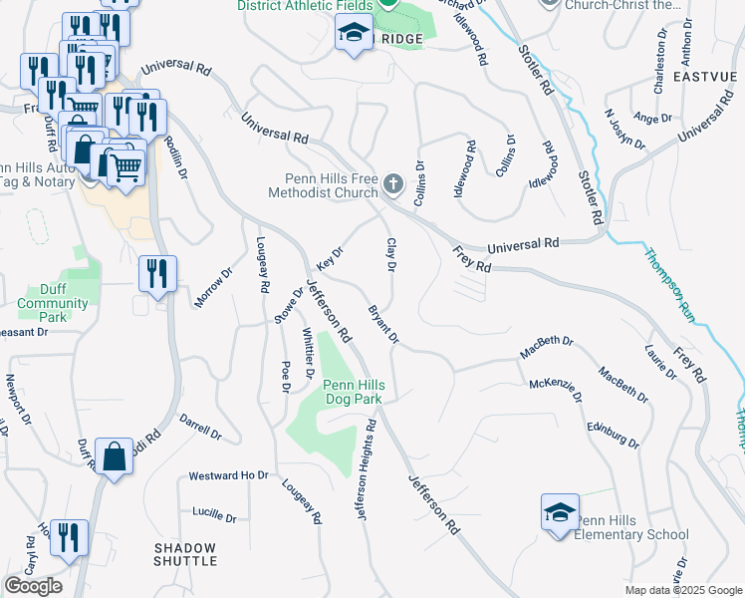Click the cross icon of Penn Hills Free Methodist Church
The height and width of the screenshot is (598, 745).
pyautogui.click(x=394, y=184)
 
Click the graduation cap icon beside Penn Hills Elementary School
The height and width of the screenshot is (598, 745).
pyautogui.click(x=559, y=512)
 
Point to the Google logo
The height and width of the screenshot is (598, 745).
pyautogui.click(x=33, y=586)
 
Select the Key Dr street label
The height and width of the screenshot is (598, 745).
pyautogui.click(x=329, y=258)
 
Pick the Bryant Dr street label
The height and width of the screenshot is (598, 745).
pyautogui.click(x=382, y=325)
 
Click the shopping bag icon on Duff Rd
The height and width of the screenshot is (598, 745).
pyautogui.click(x=116, y=456)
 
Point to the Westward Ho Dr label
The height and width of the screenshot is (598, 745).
pyautogui.click(x=229, y=476)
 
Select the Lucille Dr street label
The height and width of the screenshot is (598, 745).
pyautogui.click(x=216, y=517)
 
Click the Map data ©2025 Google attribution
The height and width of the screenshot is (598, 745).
pyautogui.click(x=682, y=590)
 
